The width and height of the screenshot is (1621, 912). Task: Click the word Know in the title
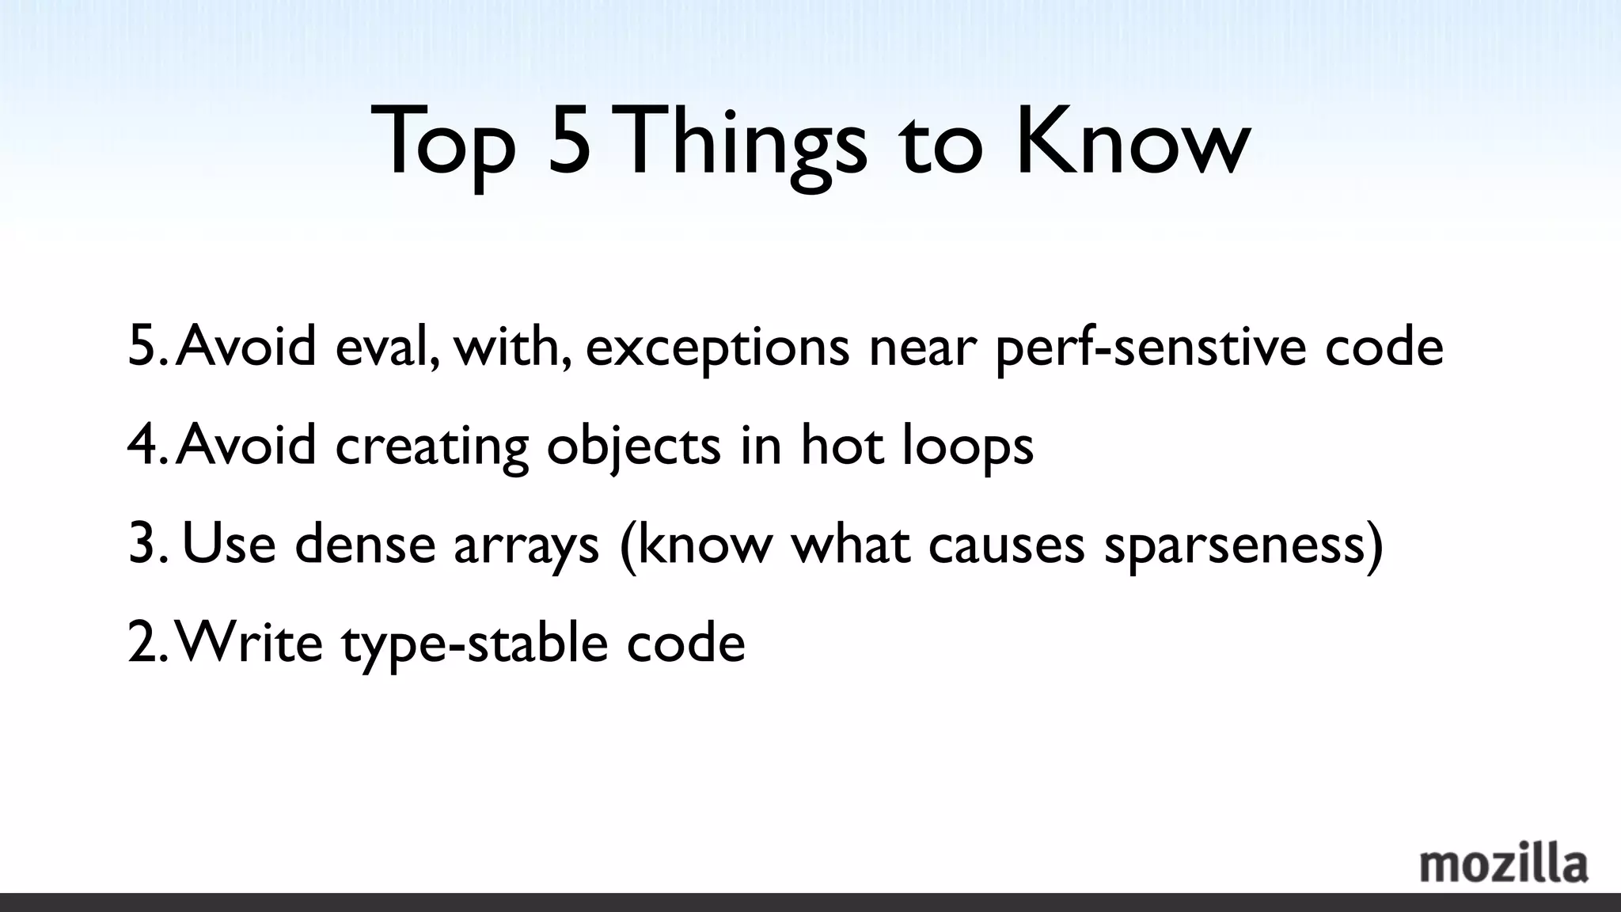coord(1133,142)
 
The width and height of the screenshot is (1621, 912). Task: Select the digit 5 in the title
coord(569,142)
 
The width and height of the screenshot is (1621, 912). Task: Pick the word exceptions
coord(717,348)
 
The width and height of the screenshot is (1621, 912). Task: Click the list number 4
coord(142,445)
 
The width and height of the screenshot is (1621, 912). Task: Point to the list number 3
coord(142,544)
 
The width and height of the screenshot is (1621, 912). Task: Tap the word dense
coord(365,544)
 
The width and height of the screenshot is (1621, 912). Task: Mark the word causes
coord(1006,545)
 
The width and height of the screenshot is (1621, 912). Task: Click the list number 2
coord(142,642)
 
